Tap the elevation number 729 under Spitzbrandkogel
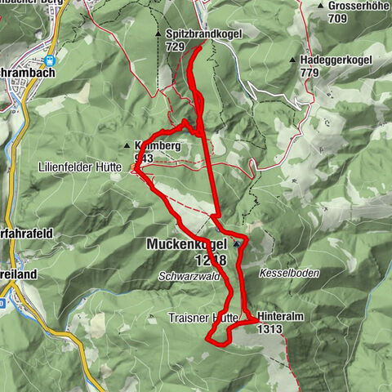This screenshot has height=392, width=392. point(174,47)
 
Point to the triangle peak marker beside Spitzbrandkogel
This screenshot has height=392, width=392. point(158,34)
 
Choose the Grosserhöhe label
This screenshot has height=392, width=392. point(358,7)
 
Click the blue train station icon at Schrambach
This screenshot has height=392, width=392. point(50,60)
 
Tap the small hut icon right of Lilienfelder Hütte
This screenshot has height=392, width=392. point(135,169)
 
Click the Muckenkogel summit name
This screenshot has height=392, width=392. point(188,243)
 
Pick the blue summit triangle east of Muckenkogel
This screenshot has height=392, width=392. point(237,243)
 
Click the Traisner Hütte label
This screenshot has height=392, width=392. point(203,316)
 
